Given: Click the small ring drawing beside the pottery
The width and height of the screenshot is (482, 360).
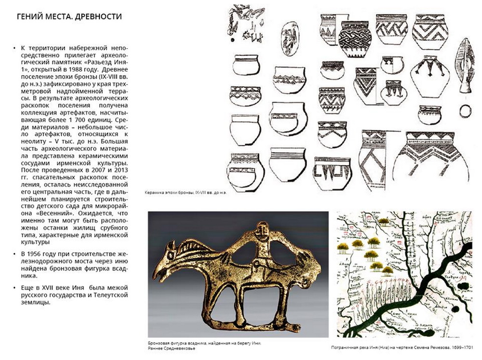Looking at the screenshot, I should (x=465, y=111).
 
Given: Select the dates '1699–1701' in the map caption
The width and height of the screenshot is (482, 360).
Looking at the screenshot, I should (x=461, y=347).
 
